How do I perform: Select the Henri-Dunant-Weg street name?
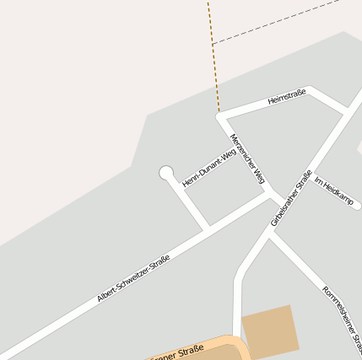(208, 167)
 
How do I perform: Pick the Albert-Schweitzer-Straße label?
(133, 278)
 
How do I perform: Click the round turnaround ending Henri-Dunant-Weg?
(166, 173)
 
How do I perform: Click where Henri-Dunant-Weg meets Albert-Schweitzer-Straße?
(207, 228)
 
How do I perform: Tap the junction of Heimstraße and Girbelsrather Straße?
(347, 110)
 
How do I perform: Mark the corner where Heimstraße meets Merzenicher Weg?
(221, 116)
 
